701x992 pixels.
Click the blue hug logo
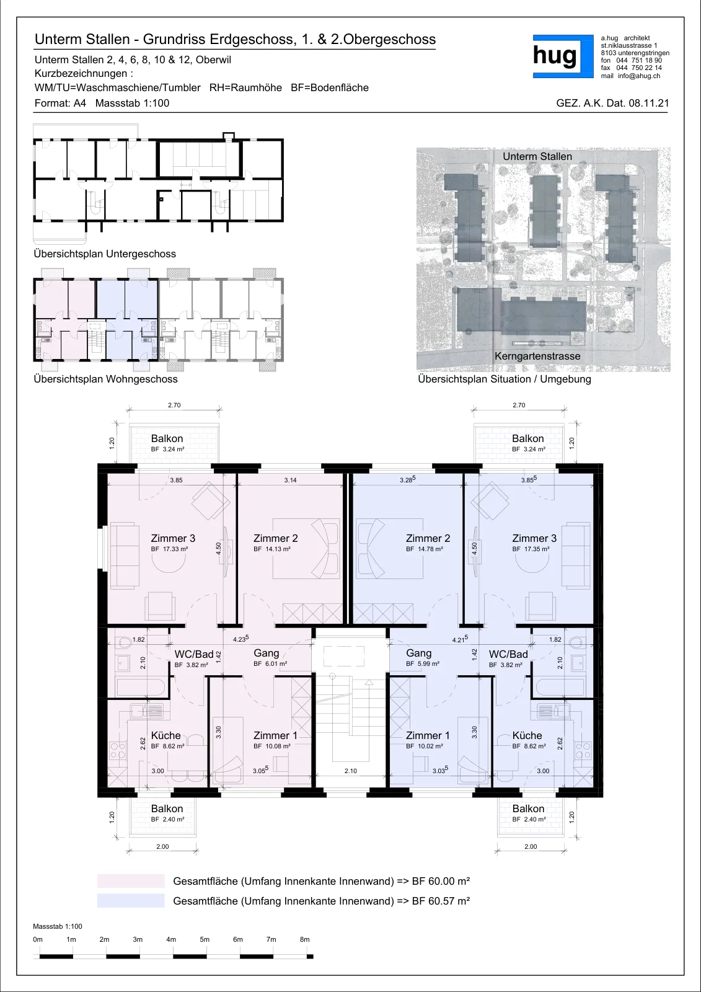click(563, 56)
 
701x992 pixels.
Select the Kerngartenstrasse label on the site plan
click(537, 356)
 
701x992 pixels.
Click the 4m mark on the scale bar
click(171, 939)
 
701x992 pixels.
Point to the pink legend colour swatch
click(131, 881)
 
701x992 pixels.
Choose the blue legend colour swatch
click(131, 900)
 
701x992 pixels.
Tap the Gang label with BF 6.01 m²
click(266, 653)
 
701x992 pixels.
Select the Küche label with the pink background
click(165, 735)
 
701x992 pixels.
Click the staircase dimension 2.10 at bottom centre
click(351, 771)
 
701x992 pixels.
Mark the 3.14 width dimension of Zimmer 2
click(291, 480)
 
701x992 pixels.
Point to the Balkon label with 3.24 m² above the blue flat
click(528, 438)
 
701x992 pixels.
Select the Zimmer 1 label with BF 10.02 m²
click(428, 735)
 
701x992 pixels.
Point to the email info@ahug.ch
click(639, 76)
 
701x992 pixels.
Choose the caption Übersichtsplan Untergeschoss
click(105, 254)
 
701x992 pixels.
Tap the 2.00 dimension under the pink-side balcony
click(162, 846)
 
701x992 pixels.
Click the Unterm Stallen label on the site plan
click(537, 156)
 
